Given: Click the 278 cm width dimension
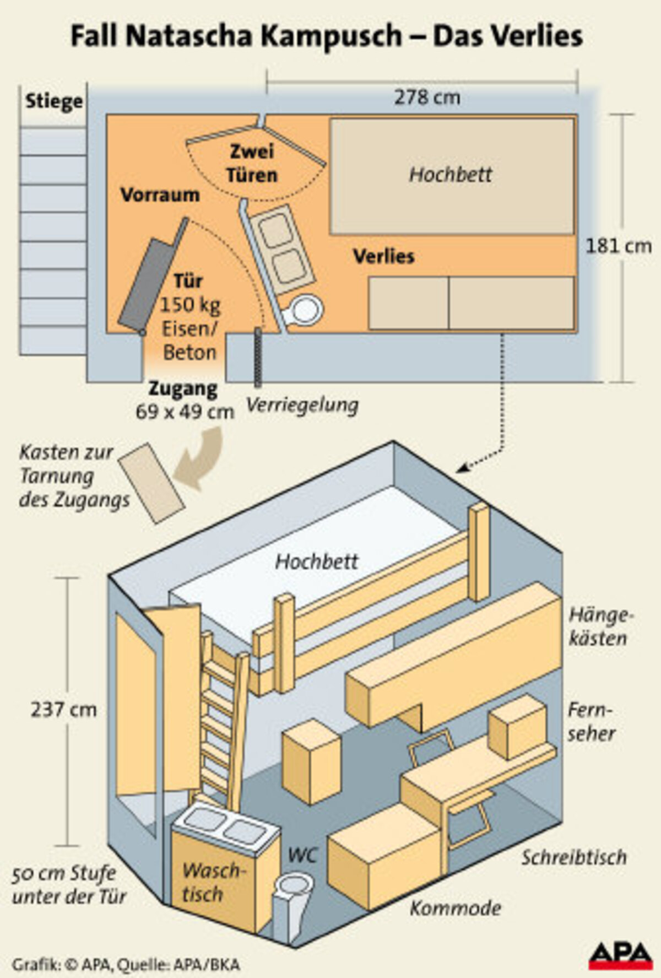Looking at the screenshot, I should point(427,98).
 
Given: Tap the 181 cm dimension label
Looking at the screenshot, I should point(618,246).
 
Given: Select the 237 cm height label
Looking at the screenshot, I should point(63,710).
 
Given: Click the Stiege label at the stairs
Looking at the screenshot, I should point(54,101).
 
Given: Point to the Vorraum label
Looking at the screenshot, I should point(160,195).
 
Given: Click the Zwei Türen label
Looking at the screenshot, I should point(252,164).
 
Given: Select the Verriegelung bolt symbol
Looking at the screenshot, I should point(257,356).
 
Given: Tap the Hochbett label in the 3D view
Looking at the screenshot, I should point(316,562).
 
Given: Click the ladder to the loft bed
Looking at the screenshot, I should point(220,722).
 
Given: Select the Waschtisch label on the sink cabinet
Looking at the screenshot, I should point(212,882).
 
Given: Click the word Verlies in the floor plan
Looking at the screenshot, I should point(383,256).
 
